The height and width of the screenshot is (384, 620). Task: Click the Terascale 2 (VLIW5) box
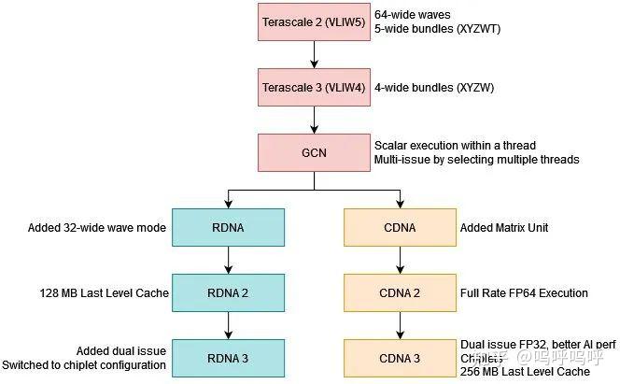coord(313,21)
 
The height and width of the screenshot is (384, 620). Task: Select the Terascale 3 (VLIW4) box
coord(313,87)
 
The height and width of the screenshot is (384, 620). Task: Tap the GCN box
coord(313,152)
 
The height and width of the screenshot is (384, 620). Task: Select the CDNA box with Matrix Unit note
coord(400,227)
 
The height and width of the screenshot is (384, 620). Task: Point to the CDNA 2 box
coord(400,292)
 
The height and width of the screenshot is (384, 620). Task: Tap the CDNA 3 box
coord(400,357)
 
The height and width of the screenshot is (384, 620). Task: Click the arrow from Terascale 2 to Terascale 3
coord(313,54)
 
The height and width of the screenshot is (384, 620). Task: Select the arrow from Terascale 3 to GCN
coord(313,120)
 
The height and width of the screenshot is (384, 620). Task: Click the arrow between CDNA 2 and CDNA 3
coord(400,325)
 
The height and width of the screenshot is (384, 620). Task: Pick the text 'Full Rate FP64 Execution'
coord(525,293)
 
